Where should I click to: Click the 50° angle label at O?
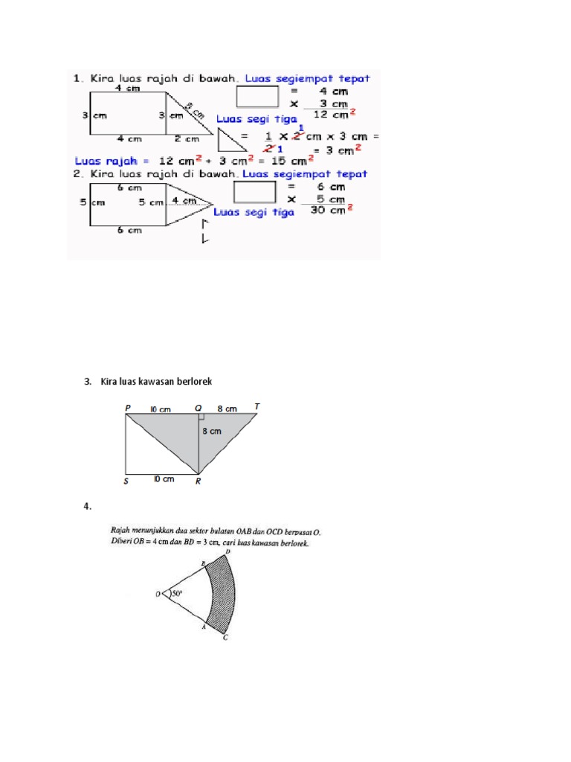tap(177, 594)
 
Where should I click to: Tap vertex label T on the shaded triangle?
tap(257, 407)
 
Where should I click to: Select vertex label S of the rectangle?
tap(126, 481)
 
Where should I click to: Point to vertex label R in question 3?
tap(197, 481)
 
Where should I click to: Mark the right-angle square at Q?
tap(202, 418)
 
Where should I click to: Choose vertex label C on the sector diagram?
tap(225, 638)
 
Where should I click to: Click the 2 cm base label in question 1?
tap(187, 138)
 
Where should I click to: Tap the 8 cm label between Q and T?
tap(228, 409)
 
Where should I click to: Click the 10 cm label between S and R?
tap(164, 479)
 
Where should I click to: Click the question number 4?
tap(88, 507)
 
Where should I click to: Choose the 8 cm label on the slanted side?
tap(195, 110)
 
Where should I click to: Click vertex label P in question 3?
tap(128, 408)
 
